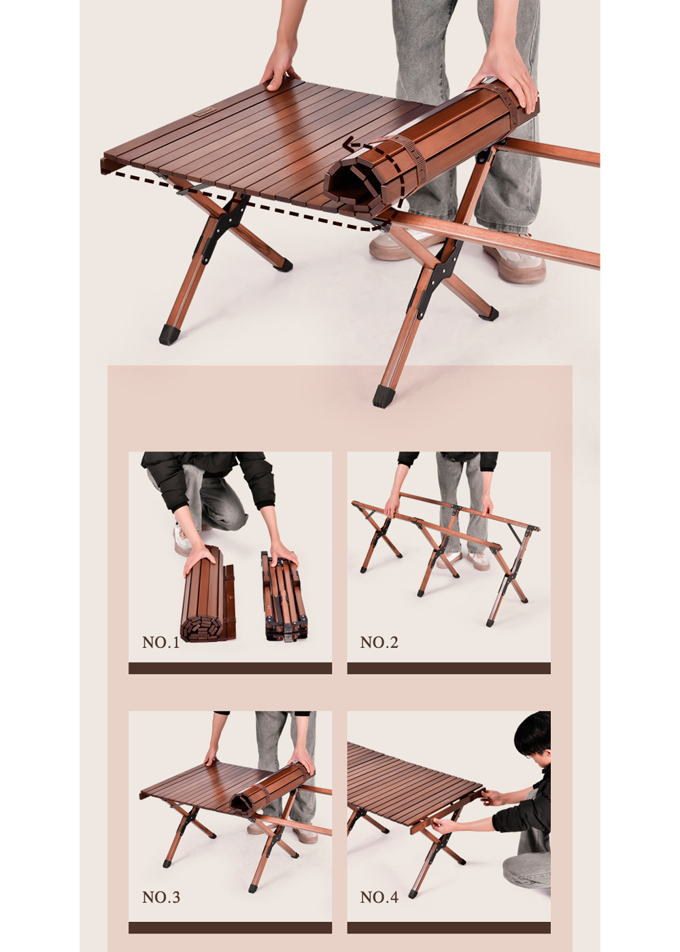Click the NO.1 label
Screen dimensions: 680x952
pyautogui.click(x=160, y=642)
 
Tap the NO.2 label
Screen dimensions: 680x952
pyautogui.click(x=379, y=642)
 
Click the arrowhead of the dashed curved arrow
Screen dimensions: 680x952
pyautogui.click(x=350, y=146)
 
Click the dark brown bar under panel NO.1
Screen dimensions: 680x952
pyautogui.click(x=230, y=668)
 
